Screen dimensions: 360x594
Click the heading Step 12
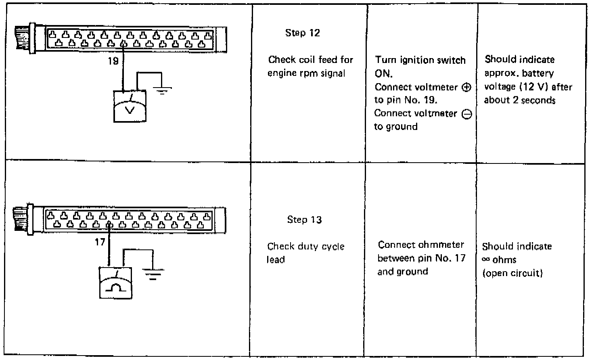(x=302, y=33)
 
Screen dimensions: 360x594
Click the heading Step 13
(x=304, y=220)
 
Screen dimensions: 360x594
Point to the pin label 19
(x=113, y=61)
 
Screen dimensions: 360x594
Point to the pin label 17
(x=100, y=242)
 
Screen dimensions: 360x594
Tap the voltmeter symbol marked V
(x=130, y=106)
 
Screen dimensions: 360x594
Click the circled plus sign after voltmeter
(x=466, y=87)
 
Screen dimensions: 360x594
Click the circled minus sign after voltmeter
(x=466, y=114)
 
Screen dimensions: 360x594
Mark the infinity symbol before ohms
(x=486, y=260)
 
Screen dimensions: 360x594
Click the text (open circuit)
(x=512, y=273)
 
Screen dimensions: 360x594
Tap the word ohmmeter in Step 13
(x=442, y=245)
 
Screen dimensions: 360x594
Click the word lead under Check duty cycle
(x=275, y=260)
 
